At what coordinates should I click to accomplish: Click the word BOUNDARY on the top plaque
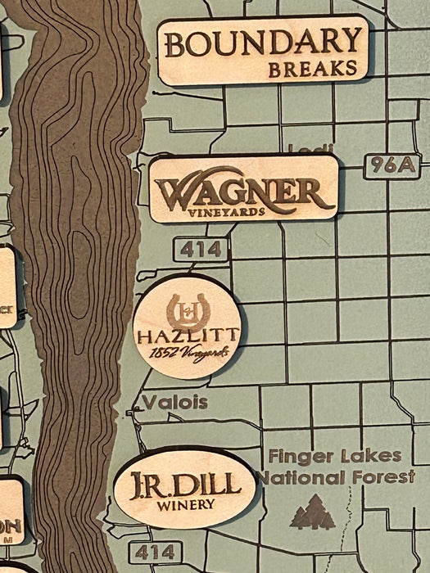[x=262, y=42]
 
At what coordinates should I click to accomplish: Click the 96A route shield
[x=392, y=165]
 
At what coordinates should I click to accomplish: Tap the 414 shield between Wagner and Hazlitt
[x=200, y=249]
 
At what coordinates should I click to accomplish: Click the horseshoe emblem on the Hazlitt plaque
[x=188, y=311]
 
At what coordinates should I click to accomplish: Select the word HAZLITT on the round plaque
[x=188, y=336]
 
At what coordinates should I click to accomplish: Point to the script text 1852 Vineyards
[x=188, y=353]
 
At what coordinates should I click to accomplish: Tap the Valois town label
[x=174, y=402]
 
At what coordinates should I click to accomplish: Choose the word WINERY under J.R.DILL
[x=185, y=504]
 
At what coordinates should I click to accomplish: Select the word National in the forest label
[x=299, y=476]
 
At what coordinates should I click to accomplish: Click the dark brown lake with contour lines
[x=78, y=286]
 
